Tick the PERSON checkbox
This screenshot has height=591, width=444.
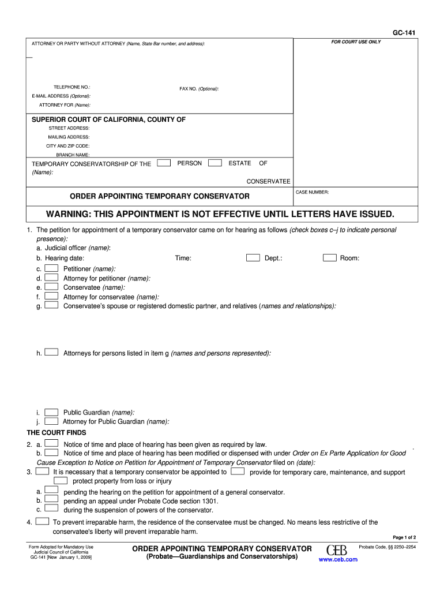164,163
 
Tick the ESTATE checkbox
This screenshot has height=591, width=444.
215,163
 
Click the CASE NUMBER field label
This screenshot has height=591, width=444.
312,192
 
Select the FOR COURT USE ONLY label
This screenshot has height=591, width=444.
356,42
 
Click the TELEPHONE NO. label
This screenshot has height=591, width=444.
72,87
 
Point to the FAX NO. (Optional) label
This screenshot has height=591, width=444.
199,89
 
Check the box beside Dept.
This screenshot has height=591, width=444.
253,258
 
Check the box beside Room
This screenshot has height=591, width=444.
330,258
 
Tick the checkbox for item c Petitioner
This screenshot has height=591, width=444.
51,268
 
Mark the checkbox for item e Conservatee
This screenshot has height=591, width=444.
51,287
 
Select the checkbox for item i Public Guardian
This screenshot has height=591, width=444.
51,412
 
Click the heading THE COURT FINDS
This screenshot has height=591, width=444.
57,432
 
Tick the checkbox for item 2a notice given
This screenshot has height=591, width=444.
51,444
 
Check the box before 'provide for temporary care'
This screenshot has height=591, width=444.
237,472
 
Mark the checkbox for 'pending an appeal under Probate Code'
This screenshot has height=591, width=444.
51,500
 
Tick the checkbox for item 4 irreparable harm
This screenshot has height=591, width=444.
42,521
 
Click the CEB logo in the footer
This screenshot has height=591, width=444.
336,549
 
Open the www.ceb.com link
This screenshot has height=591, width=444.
338,559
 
